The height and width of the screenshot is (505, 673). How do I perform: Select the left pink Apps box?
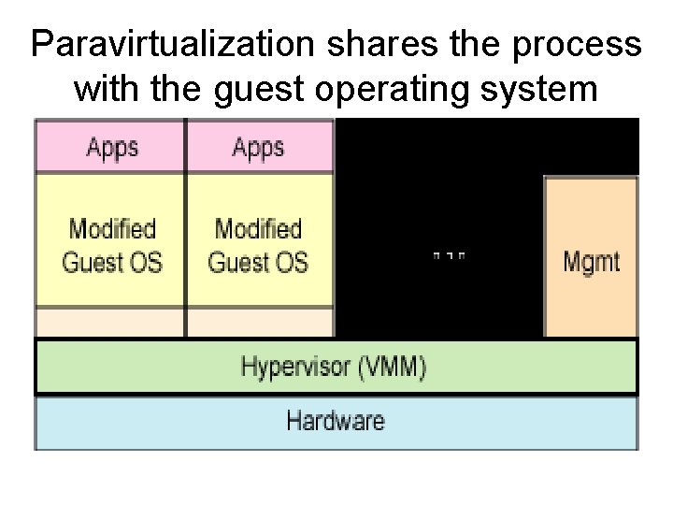[x=111, y=146]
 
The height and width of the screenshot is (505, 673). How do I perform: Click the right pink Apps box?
[x=259, y=146]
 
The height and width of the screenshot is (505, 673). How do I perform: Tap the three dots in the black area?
[x=450, y=254]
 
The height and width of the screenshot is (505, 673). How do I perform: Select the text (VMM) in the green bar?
[x=392, y=367]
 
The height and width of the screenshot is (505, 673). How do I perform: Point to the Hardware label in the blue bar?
[x=336, y=420]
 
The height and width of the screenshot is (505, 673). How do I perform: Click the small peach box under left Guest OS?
[x=111, y=323]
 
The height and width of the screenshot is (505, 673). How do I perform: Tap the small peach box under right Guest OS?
[x=259, y=323]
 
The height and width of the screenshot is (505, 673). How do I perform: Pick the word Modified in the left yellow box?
[x=111, y=228]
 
